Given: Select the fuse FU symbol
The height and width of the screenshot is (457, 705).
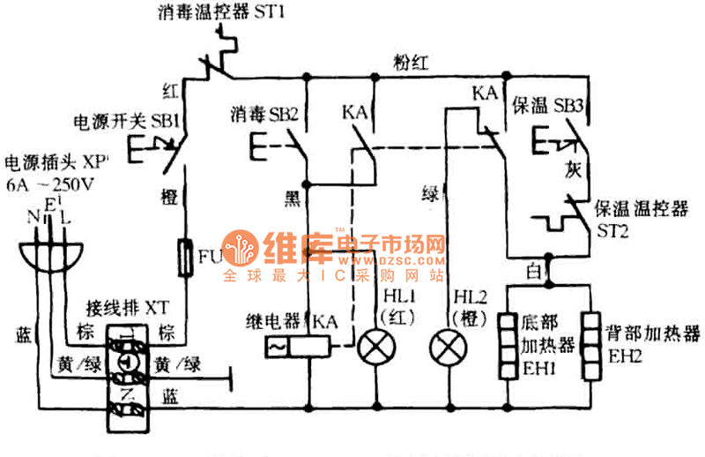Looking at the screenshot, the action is tap(187, 257).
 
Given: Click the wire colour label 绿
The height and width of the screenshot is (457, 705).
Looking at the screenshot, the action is tap(431, 192).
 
